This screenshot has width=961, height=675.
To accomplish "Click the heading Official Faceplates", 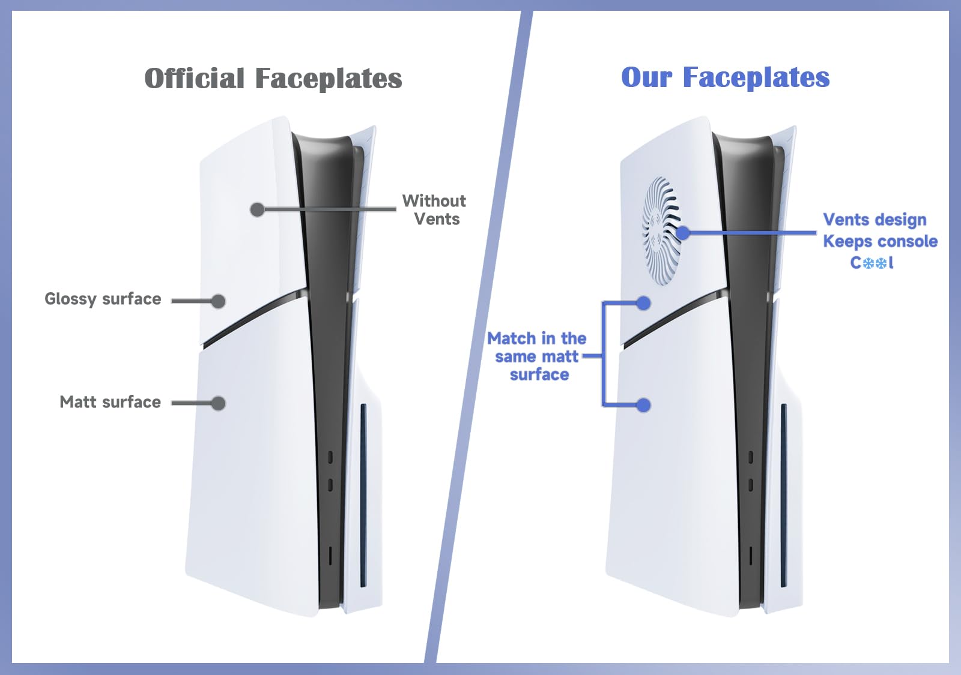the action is pos(273,78).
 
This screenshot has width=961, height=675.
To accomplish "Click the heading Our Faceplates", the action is pos(726,77).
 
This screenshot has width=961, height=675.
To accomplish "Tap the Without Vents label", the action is pos(434,210).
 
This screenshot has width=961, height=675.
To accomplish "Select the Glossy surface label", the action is pos(103,299).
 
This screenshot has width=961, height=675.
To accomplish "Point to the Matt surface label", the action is pos(111,402).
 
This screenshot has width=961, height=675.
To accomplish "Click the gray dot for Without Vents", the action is pos(258,209).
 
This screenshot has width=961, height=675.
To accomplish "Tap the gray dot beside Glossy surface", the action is pos(219,301).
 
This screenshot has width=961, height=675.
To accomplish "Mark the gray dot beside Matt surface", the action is pos(219,403).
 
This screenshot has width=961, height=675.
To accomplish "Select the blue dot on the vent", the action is pos(683,233).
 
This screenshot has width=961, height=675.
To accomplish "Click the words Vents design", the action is pos(875,220).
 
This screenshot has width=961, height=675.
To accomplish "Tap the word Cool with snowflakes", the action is pos(872,262).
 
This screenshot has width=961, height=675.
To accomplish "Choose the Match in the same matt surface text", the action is pos(537,356).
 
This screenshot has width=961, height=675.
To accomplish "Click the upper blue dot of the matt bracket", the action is pos(643,304).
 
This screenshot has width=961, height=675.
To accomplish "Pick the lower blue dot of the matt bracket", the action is pos(643,405).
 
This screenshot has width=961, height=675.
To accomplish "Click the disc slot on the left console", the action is pos(363,496).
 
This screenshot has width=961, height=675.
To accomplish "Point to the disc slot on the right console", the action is pos(783,496).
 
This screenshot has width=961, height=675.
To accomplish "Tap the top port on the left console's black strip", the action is pos(330,457).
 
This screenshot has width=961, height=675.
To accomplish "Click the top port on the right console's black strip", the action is pos(750,457).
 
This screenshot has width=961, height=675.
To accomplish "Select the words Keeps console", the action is pos(881,242).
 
